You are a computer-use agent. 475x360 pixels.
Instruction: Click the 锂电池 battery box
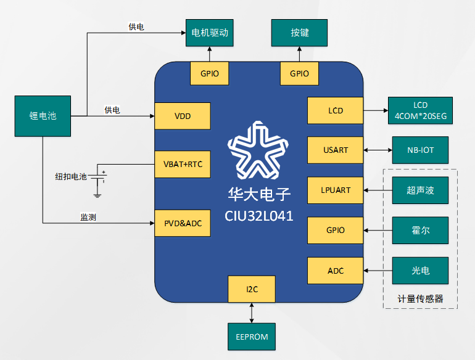tap(43, 115)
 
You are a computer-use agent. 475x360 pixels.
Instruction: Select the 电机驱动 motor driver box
tap(210, 32)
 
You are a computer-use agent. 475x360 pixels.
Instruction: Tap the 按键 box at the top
tap(300, 32)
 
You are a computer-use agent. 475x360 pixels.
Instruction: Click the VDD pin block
tap(183, 116)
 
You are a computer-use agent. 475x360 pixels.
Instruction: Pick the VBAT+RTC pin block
tap(183, 164)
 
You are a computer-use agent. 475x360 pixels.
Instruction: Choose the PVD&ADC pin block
tap(183, 223)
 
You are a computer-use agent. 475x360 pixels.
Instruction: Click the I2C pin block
tap(252, 289)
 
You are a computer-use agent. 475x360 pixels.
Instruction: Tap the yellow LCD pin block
tap(336, 111)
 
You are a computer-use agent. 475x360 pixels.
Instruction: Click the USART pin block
tap(336, 150)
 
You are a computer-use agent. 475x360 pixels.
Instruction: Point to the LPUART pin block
tap(336, 190)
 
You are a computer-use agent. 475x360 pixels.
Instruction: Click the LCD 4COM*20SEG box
tap(420, 110)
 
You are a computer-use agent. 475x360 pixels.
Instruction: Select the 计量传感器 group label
tap(420, 298)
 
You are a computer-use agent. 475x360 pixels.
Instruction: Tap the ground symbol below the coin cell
tap(97, 195)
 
